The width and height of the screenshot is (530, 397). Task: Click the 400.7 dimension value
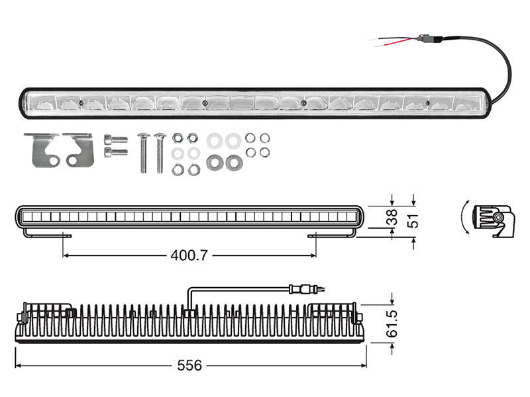[189, 255]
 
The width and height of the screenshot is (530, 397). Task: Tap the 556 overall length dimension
[189, 365]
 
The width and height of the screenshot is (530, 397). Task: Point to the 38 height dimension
[392, 217]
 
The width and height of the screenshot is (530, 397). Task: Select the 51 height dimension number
[413, 220]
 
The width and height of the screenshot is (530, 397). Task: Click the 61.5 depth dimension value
[392, 324]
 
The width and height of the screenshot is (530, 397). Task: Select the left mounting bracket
[42, 150]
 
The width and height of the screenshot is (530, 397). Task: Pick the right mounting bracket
[79, 150]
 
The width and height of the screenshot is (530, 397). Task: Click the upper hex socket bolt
[116, 139]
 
